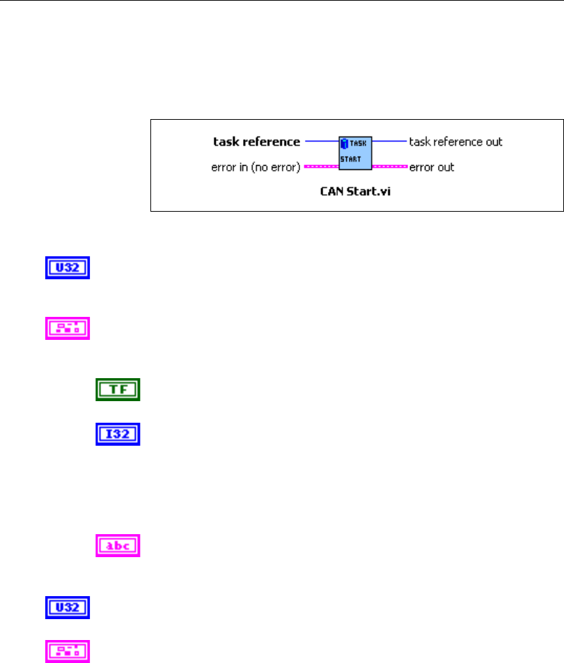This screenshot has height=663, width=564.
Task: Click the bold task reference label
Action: coord(256,142)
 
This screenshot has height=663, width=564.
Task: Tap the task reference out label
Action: coord(455,142)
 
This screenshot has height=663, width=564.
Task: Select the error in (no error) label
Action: coord(255,167)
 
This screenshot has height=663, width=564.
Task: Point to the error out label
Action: coord(432,167)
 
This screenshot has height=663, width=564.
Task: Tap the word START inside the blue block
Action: coord(350,159)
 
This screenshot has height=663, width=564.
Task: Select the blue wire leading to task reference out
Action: coord(389,141)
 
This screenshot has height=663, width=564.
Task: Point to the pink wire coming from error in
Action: coord(321,167)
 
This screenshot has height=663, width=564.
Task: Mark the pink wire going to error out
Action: coord(389,167)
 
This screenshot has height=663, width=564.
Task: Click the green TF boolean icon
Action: coord(118,389)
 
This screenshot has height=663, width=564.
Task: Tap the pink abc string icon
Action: coord(118,545)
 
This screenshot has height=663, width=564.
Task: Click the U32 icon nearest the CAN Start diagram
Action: coord(68,269)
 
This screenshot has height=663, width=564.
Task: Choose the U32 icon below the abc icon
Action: coord(68,607)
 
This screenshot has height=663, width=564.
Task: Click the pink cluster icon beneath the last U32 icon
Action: coord(68,650)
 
